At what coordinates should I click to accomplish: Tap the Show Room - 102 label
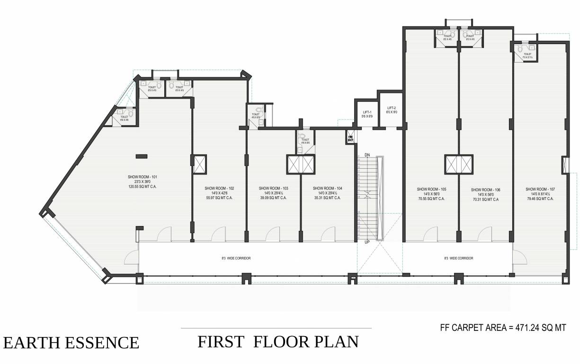point(219,188)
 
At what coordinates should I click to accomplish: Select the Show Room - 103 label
point(273,188)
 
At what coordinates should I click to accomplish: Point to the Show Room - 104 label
point(327,188)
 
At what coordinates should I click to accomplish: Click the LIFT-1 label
point(367,112)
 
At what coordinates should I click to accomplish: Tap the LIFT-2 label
point(391,108)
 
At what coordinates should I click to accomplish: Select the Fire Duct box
point(350,138)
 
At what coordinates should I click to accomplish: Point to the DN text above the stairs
point(367,155)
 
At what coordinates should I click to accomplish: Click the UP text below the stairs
point(367,242)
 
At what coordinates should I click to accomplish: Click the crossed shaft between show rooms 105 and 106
point(458,164)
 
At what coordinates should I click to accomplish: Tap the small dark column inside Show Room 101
point(141,155)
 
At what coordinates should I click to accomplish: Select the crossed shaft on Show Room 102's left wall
point(199,164)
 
